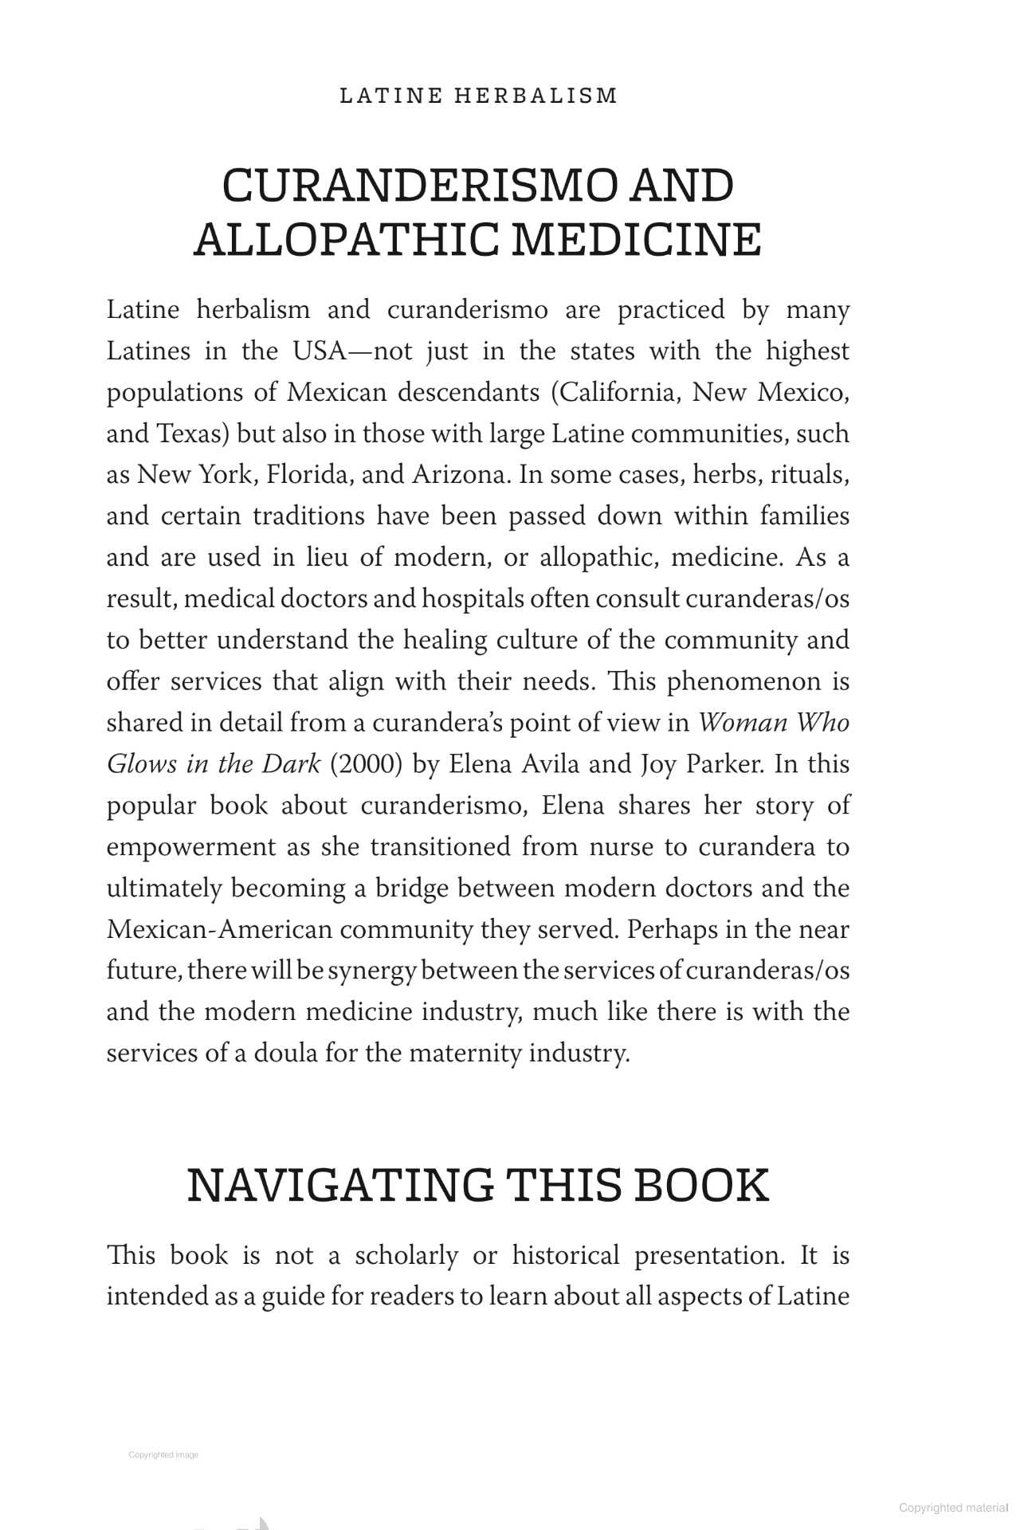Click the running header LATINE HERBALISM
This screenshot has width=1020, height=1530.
(478, 96)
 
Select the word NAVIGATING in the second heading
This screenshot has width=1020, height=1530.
(340, 1185)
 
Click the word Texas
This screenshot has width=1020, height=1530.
(193, 434)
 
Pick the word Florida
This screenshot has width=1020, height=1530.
(310, 475)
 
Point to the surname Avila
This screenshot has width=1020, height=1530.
(551, 764)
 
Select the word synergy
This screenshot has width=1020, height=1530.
(372, 971)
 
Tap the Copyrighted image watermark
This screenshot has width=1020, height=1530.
(163, 1455)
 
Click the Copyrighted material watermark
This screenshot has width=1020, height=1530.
(953, 1508)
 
